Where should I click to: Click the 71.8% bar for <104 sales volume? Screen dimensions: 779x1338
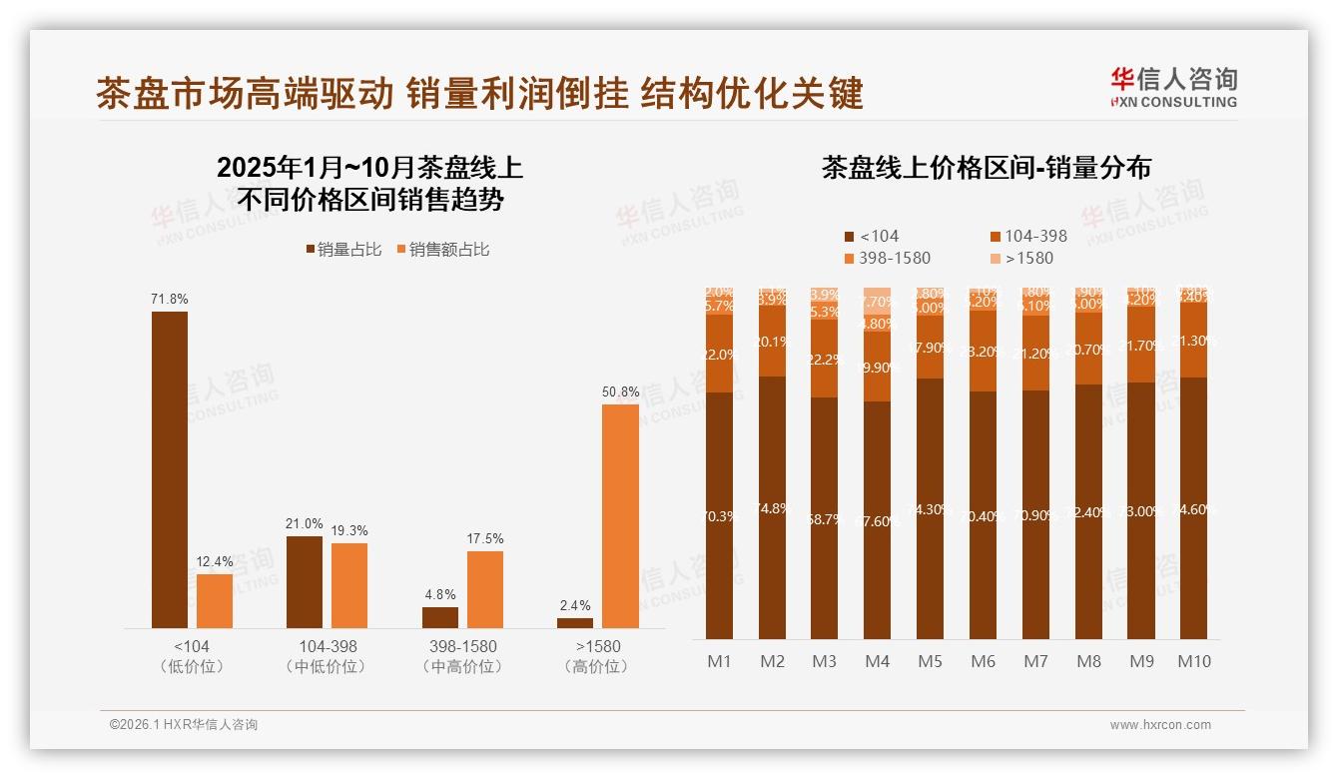point(170,469)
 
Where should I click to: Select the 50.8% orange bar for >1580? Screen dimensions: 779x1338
point(620,515)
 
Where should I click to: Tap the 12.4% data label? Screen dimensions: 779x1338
point(215,562)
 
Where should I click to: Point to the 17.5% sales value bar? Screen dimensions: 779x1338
point(485,589)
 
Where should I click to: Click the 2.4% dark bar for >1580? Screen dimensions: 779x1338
point(575,622)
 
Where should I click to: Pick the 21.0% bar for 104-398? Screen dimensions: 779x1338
point(305,582)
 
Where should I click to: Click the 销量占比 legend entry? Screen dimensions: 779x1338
point(343,250)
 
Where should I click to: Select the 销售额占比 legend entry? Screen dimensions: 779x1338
point(443,250)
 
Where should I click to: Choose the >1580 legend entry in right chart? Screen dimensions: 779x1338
point(1022,259)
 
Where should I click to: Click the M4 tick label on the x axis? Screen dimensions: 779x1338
point(877,661)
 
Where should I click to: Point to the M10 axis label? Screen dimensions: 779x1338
point(1193,661)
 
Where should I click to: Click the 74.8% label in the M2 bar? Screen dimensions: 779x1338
point(773,508)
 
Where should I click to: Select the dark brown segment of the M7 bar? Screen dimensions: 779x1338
point(1035,514)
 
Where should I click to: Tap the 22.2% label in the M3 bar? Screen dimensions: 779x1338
point(825,360)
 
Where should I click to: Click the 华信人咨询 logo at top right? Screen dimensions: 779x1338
point(1174,87)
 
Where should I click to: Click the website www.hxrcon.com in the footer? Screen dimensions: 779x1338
point(1160,725)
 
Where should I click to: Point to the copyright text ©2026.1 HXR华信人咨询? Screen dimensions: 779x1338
point(184,725)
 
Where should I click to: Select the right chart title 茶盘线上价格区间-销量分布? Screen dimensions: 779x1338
point(986,168)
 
